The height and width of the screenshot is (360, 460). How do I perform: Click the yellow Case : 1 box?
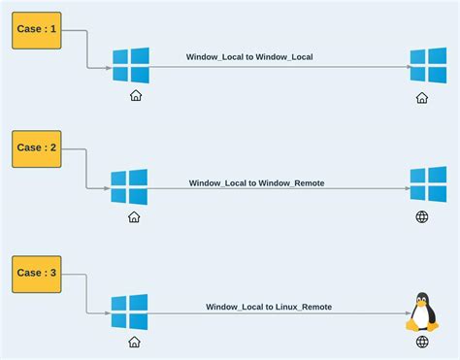pyautogui.click(x=37, y=30)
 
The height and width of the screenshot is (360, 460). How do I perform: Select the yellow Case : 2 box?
pyautogui.click(x=37, y=148)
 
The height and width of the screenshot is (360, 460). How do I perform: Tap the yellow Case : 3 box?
pyautogui.click(x=37, y=274)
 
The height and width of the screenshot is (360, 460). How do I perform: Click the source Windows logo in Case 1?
pyautogui.click(x=130, y=66)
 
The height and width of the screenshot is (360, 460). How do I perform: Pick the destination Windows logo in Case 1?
pyautogui.click(x=428, y=66)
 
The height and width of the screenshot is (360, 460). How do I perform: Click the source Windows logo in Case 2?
pyautogui.click(x=129, y=187)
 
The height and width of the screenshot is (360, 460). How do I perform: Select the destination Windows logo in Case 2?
pyautogui.click(x=428, y=184)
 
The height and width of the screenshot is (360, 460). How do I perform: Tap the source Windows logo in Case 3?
pyautogui.click(x=129, y=312)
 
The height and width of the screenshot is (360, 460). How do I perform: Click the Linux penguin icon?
pyautogui.click(x=422, y=311)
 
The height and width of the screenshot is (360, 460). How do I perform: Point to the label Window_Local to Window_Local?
pyautogui.click(x=249, y=57)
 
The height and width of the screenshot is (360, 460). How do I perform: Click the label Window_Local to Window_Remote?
pyautogui.click(x=256, y=182)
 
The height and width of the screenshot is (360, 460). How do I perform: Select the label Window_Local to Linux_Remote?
pyautogui.click(x=269, y=307)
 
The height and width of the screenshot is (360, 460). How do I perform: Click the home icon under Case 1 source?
pyautogui.click(x=136, y=96)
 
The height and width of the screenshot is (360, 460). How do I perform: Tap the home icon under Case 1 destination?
pyautogui.click(x=422, y=97)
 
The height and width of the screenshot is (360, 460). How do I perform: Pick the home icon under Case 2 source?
pyautogui.click(x=134, y=217)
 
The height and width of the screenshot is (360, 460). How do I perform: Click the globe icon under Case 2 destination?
pyautogui.click(x=422, y=217)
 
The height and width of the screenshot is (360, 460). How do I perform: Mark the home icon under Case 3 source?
pyautogui.click(x=134, y=342)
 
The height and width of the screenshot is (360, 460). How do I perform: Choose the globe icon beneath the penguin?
pyautogui.click(x=422, y=342)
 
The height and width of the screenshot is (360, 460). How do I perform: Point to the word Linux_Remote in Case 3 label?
pyautogui.click(x=302, y=307)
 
